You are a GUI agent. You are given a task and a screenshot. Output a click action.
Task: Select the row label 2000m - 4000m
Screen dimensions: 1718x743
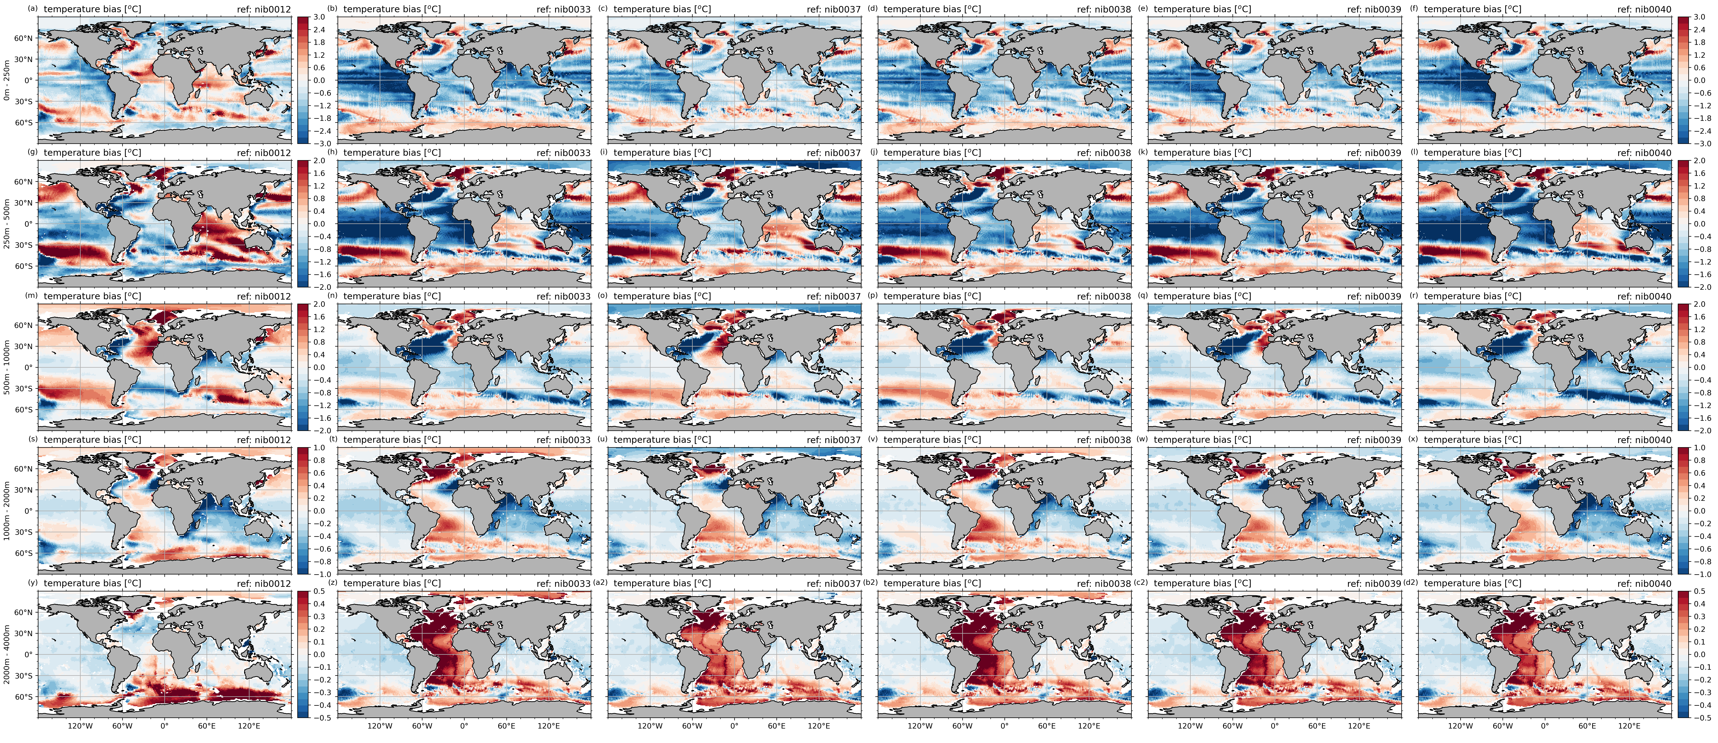pyautogui.click(x=7, y=654)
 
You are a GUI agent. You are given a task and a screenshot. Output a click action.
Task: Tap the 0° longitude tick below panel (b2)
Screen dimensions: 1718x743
pyautogui.click(x=1004, y=726)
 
